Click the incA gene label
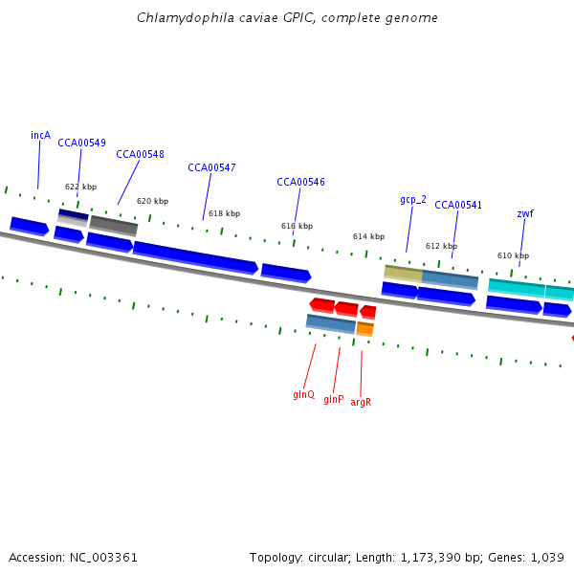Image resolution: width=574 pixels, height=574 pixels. point(40,135)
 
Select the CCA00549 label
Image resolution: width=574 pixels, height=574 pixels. point(81,143)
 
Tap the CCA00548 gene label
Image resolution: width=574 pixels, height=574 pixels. point(140,154)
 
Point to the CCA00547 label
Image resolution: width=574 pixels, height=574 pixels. point(211,167)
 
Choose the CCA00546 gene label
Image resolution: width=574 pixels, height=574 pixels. point(300,182)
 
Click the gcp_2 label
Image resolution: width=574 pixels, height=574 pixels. point(413,199)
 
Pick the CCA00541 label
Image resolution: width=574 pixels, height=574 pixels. point(458,205)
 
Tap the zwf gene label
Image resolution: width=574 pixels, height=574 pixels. point(525,213)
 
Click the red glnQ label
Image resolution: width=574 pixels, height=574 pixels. point(303,394)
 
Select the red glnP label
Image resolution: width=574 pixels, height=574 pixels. point(333,399)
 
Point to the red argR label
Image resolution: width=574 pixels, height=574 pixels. point(361,402)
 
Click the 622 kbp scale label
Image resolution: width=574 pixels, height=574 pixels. point(80,187)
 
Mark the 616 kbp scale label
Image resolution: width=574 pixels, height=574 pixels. point(297,226)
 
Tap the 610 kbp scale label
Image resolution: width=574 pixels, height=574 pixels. point(513,255)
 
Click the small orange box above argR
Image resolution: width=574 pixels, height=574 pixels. point(364,329)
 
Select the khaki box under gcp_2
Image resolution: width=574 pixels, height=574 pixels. point(403,273)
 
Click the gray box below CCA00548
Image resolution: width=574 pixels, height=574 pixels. point(114,226)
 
